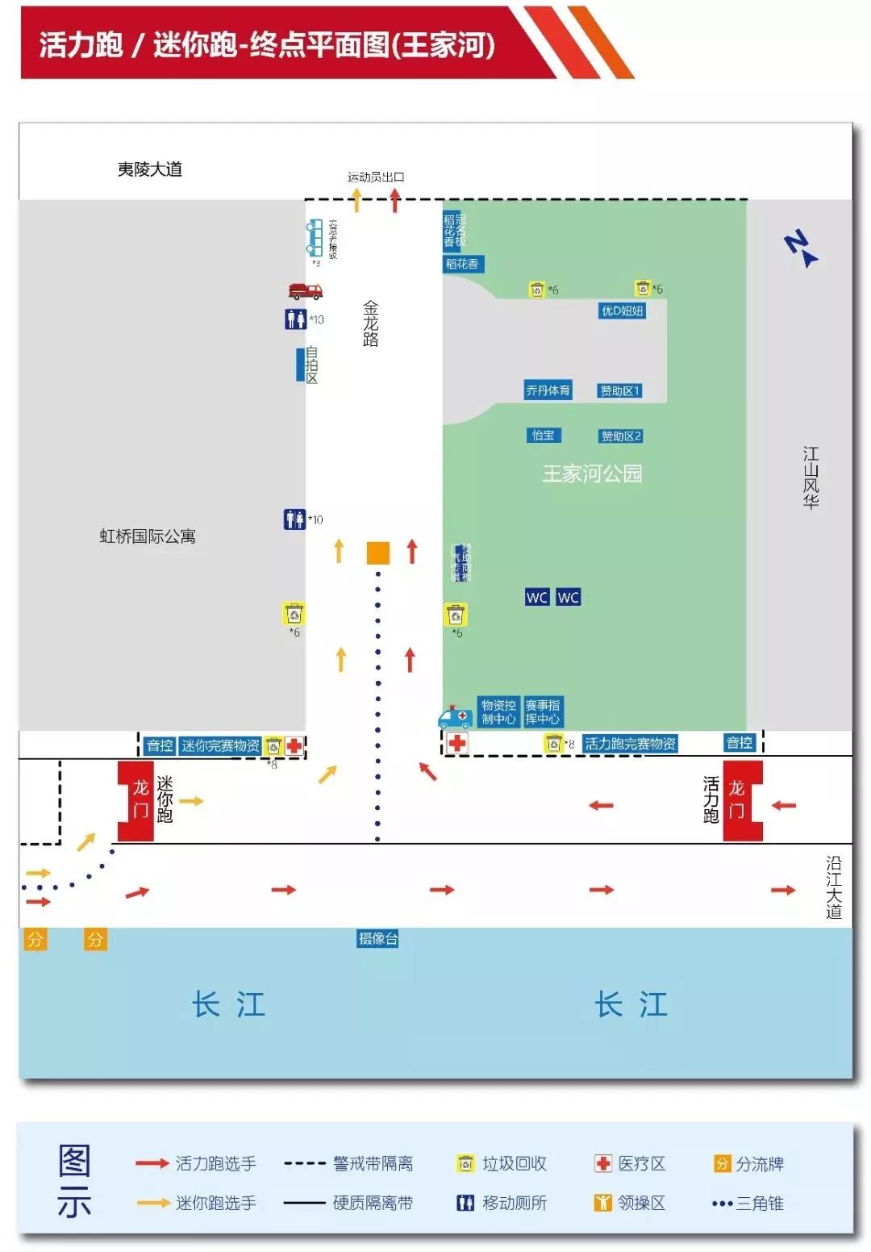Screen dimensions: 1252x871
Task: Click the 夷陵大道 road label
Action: (x=150, y=169)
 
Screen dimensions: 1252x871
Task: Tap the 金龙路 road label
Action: (x=370, y=323)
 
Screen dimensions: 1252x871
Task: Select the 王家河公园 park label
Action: (x=592, y=474)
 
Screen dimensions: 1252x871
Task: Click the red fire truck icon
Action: (x=305, y=290)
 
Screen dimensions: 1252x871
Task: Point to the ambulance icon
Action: (x=454, y=716)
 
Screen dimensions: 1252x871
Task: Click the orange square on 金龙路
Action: (x=377, y=553)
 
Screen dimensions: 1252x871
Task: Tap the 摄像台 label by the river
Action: (x=377, y=938)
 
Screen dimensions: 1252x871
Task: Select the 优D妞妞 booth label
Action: (x=622, y=311)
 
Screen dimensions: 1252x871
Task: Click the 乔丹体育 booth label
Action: (x=548, y=390)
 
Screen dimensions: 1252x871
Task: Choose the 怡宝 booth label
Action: (x=543, y=436)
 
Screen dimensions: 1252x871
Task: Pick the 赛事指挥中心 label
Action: (x=542, y=712)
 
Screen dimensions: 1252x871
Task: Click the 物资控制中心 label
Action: (x=498, y=712)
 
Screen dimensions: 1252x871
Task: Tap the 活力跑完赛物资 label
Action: (x=630, y=743)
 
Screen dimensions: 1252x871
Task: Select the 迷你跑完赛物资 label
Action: (x=220, y=745)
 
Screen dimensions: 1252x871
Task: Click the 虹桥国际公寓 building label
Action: (x=148, y=536)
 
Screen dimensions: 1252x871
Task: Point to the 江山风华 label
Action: (x=811, y=478)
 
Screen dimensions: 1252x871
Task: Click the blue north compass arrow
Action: (x=801, y=248)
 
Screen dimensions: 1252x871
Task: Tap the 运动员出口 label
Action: (x=376, y=177)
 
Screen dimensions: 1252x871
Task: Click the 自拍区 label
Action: (x=310, y=365)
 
